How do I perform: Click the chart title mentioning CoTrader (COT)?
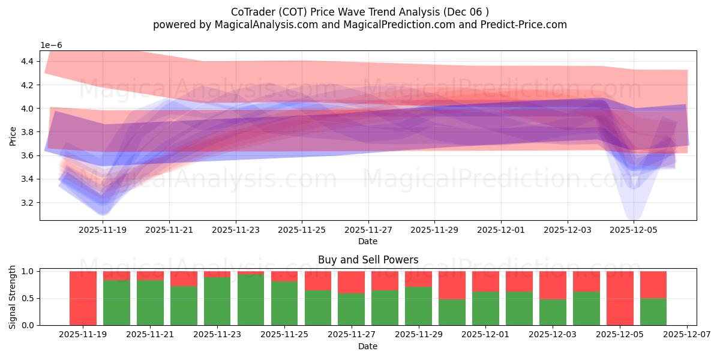[x=359, y=12]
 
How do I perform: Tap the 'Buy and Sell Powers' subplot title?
[x=368, y=260]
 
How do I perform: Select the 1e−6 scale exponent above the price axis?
[x=51, y=46]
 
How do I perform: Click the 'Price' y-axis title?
[x=13, y=136]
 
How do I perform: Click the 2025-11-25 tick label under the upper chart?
[x=301, y=229]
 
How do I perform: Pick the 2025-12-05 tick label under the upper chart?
[x=634, y=229]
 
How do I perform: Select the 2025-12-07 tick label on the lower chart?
[x=687, y=334]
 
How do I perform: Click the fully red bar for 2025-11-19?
[x=83, y=298]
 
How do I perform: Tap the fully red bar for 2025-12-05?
[x=620, y=298]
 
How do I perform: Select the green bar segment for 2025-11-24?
[x=251, y=300]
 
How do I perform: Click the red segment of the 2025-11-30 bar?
[x=452, y=284]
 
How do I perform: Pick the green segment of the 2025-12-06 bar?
[x=653, y=312]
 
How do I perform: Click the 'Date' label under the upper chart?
[x=368, y=241]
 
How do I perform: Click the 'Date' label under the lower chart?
[x=368, y=346]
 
